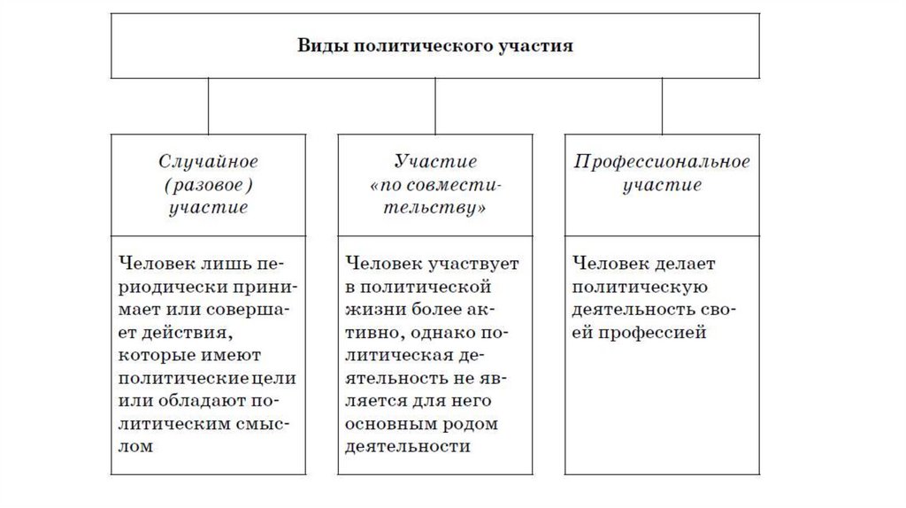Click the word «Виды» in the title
tap(319, 45)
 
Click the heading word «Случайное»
tap(208, 162)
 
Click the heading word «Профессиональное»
tap(662, 162)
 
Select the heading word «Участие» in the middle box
tap(435, 162)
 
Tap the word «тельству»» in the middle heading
tap(435, 209)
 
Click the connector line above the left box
tap(208, 105)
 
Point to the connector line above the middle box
tap(435, 105)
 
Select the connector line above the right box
tap(662, 105)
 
